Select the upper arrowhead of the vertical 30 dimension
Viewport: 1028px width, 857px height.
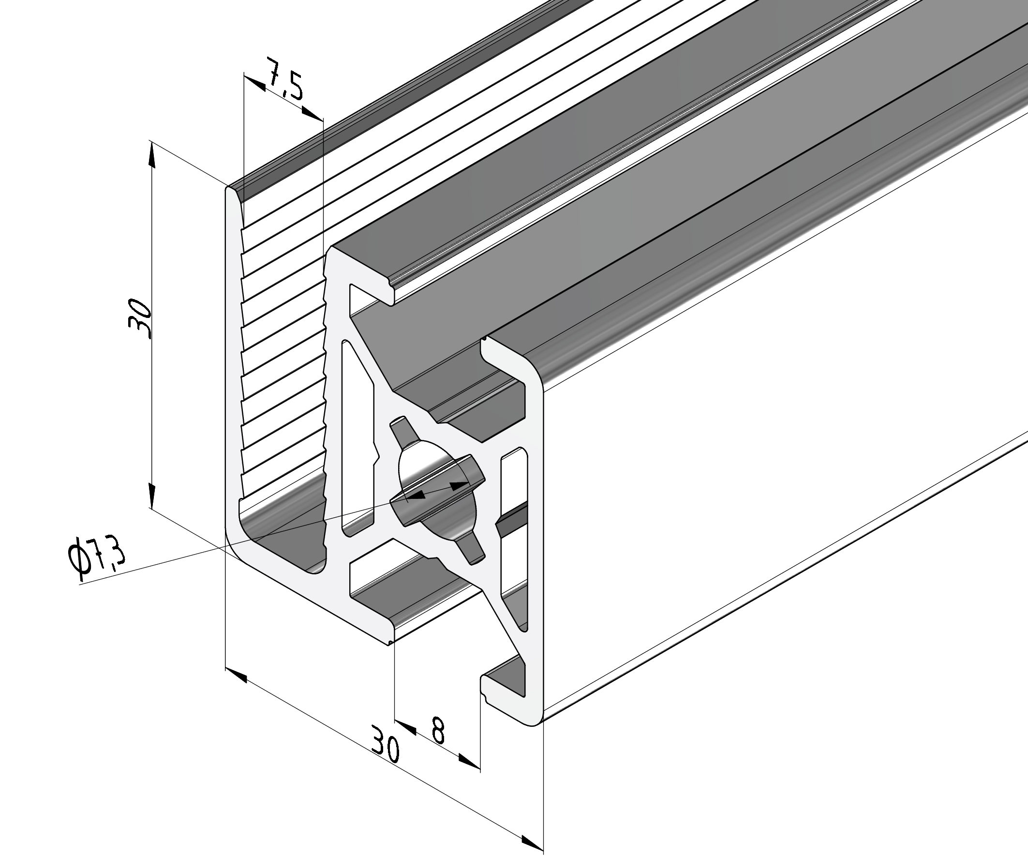click(152, 157)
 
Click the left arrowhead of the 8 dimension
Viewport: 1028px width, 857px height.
click(405, 727)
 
